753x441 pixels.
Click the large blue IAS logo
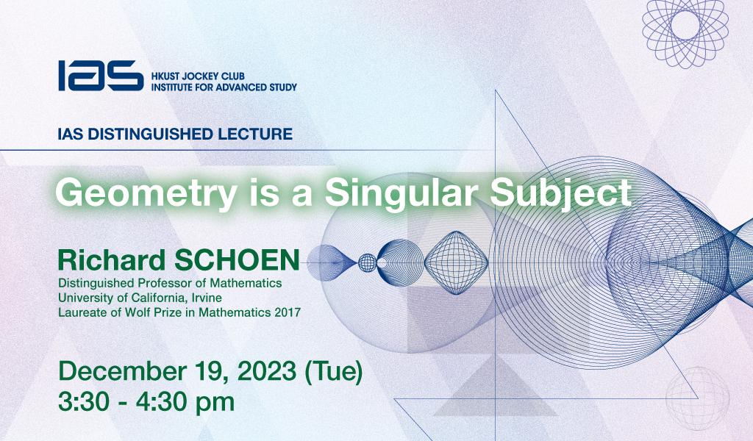coord(101,76)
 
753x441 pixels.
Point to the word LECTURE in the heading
coord(255,134)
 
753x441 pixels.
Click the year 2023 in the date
coord(267,371)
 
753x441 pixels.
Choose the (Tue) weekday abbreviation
coord(334,372)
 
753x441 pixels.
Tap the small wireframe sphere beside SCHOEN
coord(368,263)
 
